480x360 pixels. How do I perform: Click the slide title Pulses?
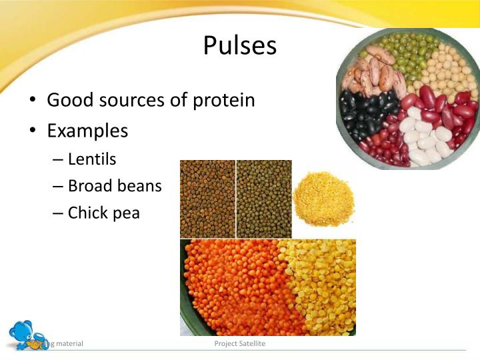[239, 45]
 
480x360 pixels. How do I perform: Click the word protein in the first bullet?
[223, 100]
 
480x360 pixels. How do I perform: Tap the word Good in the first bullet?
[69, 100]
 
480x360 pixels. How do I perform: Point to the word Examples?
[87, 131]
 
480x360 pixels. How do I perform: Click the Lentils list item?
[92, 159]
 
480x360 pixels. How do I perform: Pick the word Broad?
[90, 186]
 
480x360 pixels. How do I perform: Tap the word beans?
[139, 186]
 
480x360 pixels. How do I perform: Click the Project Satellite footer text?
[239, 343]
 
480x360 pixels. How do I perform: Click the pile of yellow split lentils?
[323, 199]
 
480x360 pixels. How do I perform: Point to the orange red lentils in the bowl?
[233, 287]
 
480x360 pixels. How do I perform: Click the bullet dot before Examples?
[33, 131]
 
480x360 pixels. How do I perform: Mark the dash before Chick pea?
[57, 214]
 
